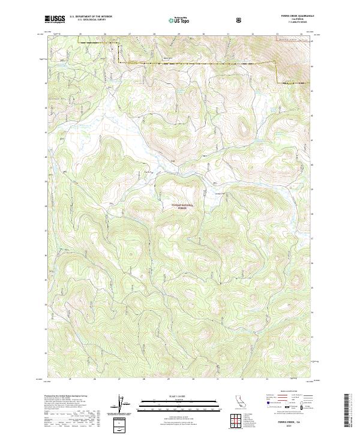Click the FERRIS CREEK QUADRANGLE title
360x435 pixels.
click(x=293, y=15)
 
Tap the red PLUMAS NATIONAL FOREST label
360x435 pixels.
click(x=183, y=206)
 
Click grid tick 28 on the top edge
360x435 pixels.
click(x=154, y=34)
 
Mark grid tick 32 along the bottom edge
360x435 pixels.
click(x=242, y=379)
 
